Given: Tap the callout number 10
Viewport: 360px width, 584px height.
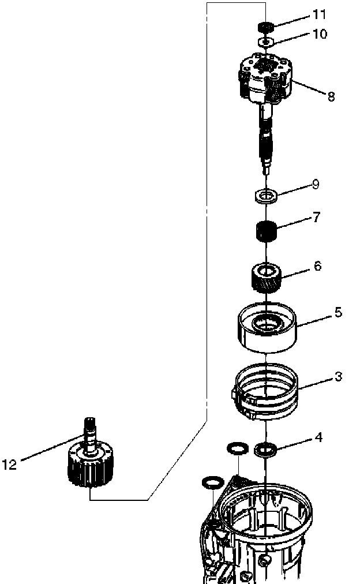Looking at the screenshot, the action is pyautogui.click(x=319, y=34).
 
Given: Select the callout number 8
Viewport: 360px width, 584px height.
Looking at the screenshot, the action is pyautogui.click(x=331, y=96).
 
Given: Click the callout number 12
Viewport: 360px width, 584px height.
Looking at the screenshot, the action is pyautogui.click(x=10, y=463).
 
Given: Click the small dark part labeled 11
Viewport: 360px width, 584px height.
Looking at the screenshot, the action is pyautogui.click(x=265, y=27).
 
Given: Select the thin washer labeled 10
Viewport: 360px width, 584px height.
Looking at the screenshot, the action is pyautogui.click(x=265, y=42).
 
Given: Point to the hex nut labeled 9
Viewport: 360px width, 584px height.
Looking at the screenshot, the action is pyautogui.click(x=265, y=197).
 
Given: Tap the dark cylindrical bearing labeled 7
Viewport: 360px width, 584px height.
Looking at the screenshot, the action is pyautogui.click(x=265, y=233).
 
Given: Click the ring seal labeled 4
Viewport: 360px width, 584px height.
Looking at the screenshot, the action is pyautogui.click(x=265, y=448).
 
